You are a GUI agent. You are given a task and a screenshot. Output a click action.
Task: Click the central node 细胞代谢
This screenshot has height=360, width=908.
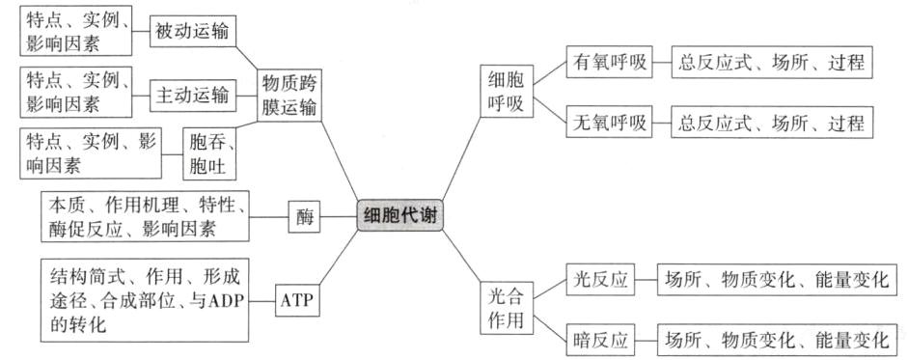coord(400,216)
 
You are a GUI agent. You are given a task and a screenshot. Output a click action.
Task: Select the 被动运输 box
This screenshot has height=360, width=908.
coord(192,32)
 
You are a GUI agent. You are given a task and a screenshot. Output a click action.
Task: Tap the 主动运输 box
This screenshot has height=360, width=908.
coord(192,95)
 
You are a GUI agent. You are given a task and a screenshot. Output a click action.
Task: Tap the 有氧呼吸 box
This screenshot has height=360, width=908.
coord(605,64)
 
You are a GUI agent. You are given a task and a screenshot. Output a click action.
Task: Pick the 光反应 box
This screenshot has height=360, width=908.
coord(598,280)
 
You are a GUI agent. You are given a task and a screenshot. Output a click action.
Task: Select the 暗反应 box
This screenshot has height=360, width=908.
coord(598,340)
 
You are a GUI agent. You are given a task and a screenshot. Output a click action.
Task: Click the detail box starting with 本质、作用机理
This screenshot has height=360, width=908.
coord(146,216)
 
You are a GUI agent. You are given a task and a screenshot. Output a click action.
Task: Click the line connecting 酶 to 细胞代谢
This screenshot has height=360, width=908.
coord(337,217)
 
